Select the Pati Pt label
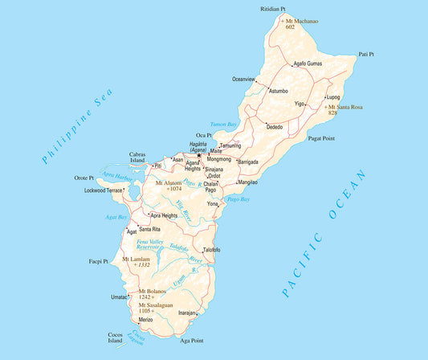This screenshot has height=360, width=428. point(366,55)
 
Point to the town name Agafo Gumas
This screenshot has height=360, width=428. point(308,63)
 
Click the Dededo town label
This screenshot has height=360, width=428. point(275,127)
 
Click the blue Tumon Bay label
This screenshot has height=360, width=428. point(224,125)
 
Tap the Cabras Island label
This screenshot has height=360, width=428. point(138,157)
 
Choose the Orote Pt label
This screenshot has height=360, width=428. point(84,178)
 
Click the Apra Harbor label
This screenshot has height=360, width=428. point(117,178)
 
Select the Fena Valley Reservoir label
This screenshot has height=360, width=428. point(151,245)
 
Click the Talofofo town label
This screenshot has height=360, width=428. point(211,251)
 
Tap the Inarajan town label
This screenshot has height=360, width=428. point(188,313)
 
